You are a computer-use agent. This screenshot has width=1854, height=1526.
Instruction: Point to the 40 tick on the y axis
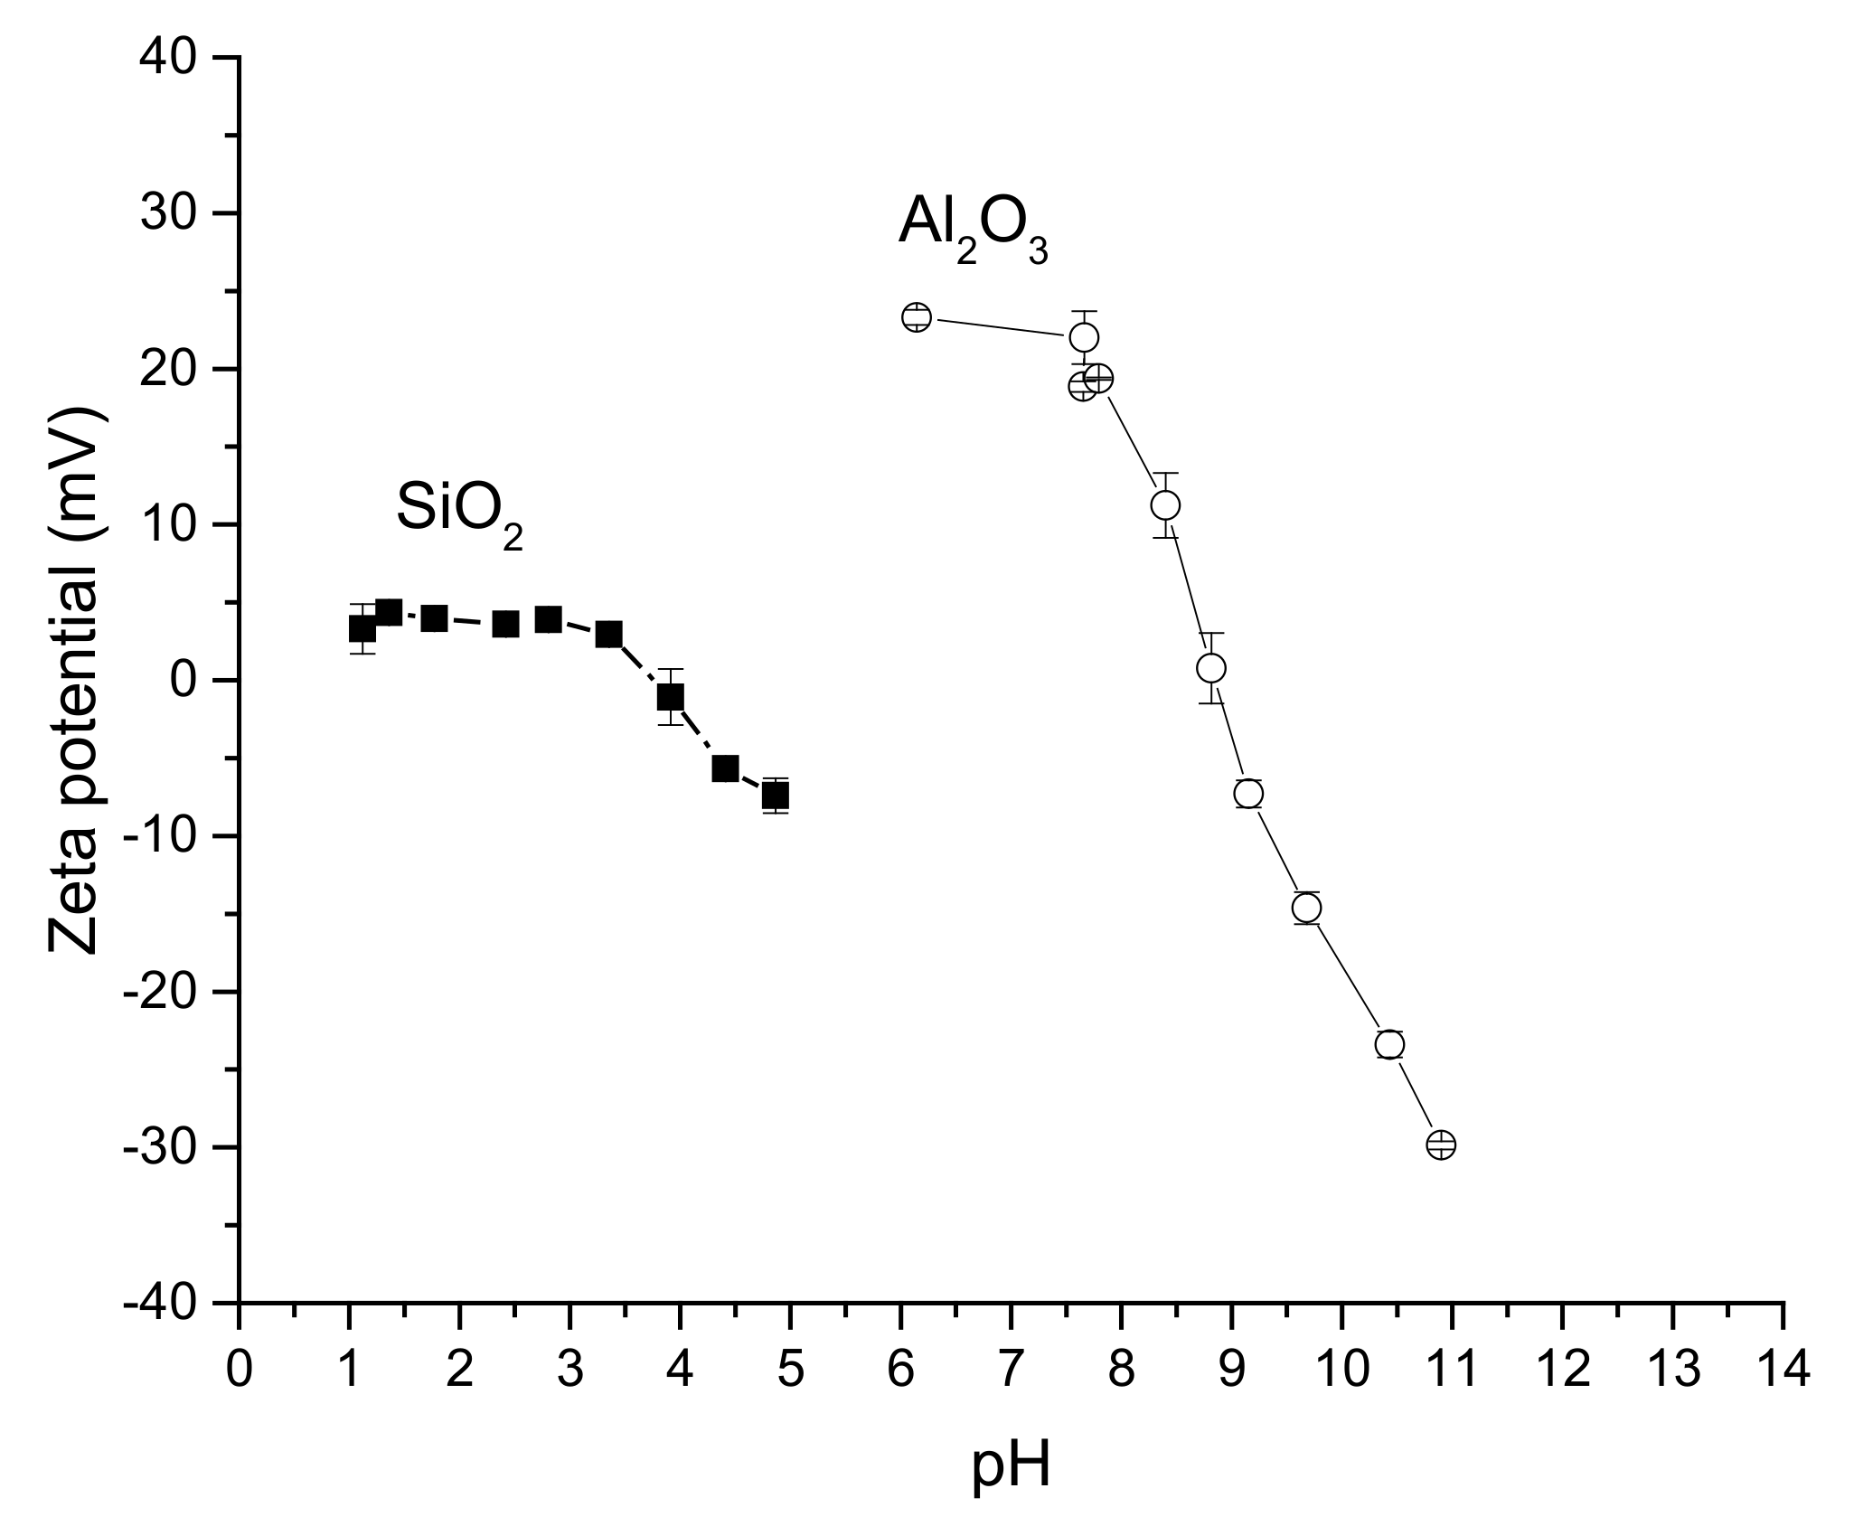click(x=171, y=58)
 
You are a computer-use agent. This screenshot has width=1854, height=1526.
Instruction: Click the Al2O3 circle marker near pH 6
click(x=916, y=317)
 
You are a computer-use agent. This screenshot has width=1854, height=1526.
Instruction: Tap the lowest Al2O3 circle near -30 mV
click(x=1441, y=1144)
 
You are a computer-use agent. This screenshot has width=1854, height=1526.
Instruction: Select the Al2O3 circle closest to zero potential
click(x=1211, y=668)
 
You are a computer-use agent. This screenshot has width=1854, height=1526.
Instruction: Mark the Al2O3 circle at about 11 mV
click(x=1165, y=504)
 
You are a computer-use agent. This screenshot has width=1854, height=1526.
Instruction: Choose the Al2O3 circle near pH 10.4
click(x=1389, y=1044)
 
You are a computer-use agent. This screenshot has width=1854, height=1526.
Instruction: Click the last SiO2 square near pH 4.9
click(x=776, y=796)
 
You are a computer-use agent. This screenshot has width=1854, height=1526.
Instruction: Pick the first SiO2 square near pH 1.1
click(x=362, y=628)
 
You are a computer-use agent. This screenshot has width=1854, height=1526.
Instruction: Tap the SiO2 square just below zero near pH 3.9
click(x=671, y=697)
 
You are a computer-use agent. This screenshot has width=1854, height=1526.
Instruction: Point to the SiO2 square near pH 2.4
click(x=505, y=624)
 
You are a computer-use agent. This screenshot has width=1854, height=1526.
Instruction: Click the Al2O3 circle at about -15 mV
click(x=1306, y=908)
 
